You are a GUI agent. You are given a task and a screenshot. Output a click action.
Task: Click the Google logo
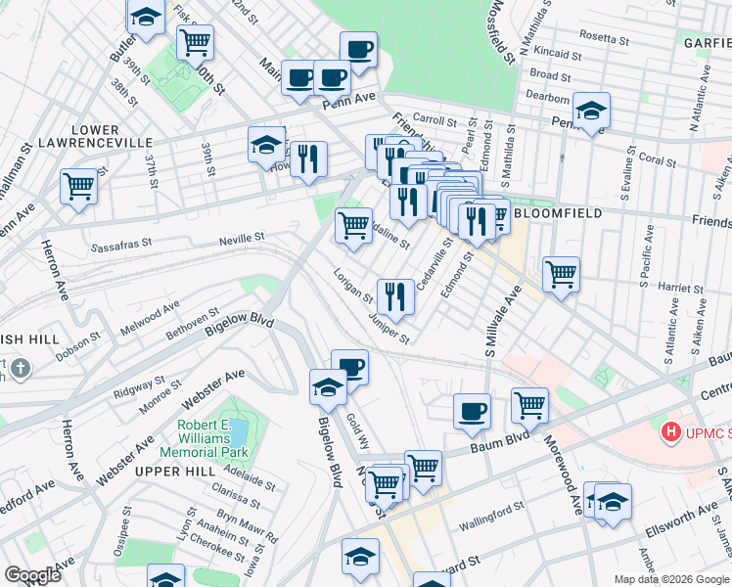pyautogui.click(x=32, y=574)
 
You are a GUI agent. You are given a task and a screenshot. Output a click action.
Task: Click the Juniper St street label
pyautogui.click(x=389, y=328)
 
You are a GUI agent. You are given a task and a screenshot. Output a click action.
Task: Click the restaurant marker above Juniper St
pyautogui.click(x=395, y=295)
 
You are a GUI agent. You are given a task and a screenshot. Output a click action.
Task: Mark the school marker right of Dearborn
pyautogui.click(x=591, y=110)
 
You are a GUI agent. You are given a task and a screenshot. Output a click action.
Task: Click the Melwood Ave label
pyautogui.click(x=150, y=317)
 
